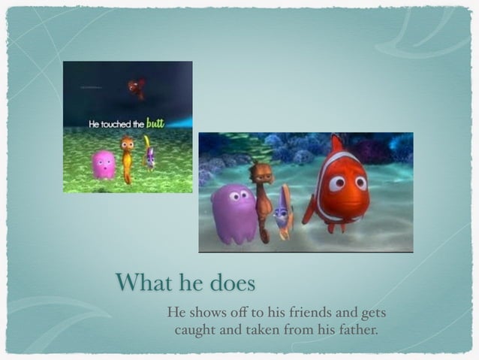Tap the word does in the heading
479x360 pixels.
point(229,283)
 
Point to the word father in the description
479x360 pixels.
point(354,328)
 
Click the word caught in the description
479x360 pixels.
point(196,329)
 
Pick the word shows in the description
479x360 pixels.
point(206,312)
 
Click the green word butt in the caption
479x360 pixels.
point(155,122)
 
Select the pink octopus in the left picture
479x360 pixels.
point(104,164)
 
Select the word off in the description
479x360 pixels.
point(241,312)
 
